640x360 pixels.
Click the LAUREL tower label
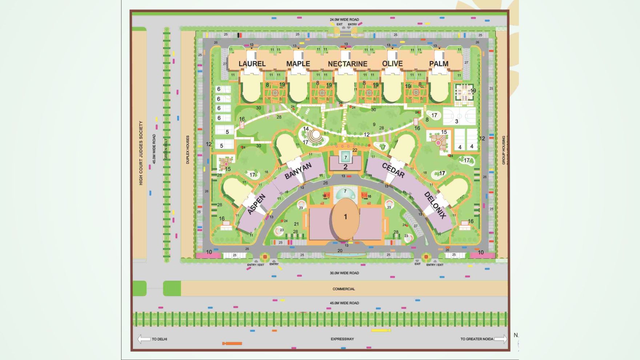[x=252, y=64]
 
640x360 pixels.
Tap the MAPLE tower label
[x=298, y=64]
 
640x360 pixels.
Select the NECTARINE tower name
[x=348, y=64]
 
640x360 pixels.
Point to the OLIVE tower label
[x=392, y=64]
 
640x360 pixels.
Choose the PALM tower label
[x=439, y=64]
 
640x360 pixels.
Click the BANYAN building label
[x=298, y=171]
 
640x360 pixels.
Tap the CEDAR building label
[x=393, y=170]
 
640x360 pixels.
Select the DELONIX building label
[x=435, y=205]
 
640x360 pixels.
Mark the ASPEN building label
[x=256, y=204]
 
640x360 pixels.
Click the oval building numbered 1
[x=345, y=217]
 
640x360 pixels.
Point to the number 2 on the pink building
[x=345, y=167]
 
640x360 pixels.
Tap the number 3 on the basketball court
[x=457, y=121]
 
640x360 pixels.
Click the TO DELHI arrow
[x=144, y=339]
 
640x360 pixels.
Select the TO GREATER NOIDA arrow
[x=501, y=339]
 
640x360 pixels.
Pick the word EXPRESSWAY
[x=342, y=339]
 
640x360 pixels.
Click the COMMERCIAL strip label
[x=344, y=289]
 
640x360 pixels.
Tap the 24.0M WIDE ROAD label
[x=344, y=20]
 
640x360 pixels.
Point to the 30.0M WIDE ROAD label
[x=344, y=273]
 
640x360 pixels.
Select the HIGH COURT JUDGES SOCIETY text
[x=141, y=153]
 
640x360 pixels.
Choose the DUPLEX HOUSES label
[x=188, y=150]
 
